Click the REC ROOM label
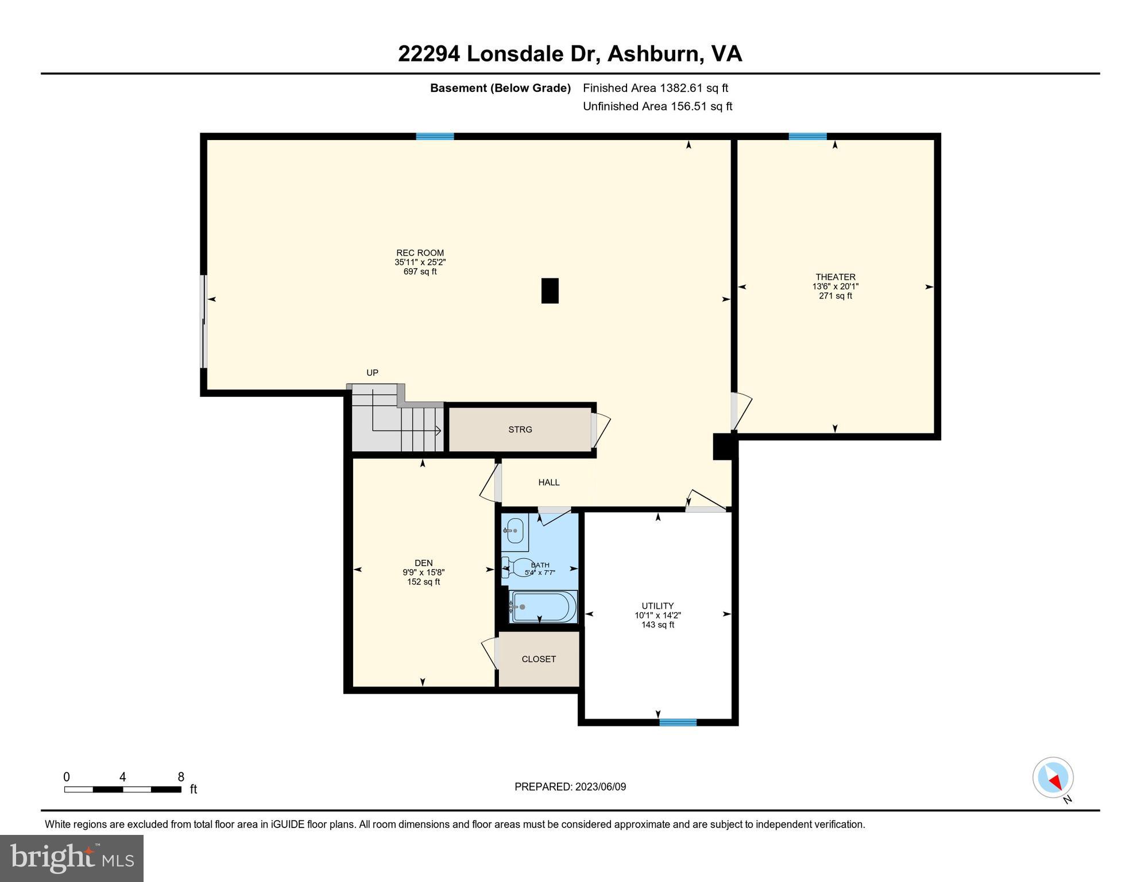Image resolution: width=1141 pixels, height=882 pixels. tap(420, 253)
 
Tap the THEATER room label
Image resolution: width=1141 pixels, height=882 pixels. tap(835, 277)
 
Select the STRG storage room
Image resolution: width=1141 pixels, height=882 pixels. tap(520, 430)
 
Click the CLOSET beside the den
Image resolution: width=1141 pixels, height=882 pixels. tap(538, 659)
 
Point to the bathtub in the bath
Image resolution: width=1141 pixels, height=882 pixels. tap(543, 607)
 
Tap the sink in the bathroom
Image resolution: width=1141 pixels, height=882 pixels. tap(515, 531)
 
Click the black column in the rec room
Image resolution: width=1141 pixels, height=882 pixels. tap(550, 291)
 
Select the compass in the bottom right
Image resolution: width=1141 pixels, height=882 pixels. tap(1053, 778)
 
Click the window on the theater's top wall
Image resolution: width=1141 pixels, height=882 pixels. tap(807, 137)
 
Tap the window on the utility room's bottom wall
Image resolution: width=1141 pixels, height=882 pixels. tap(678, 722)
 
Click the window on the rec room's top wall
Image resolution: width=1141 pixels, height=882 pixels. tap(435, 137)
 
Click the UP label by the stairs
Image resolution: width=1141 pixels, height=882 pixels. tap(372, 373)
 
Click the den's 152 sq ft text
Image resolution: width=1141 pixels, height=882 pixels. tap(423, 582)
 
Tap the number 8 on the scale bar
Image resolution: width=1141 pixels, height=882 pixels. tap(181, 777)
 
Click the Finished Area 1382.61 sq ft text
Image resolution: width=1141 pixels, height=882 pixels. tap(655, 88)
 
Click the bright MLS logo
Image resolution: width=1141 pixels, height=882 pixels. tap(72, 858)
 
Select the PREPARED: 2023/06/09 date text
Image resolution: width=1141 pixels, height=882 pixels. tap(570, 787)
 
